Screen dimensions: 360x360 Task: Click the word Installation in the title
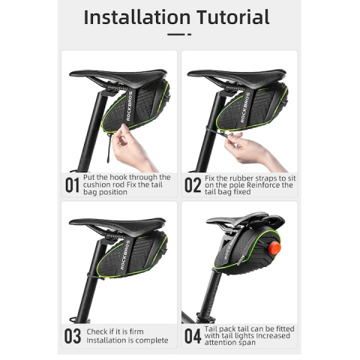click(137, 17)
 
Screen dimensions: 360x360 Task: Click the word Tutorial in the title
click(233, 17)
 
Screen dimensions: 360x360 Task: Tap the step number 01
click(72, 185)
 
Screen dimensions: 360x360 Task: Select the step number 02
click(193, 185)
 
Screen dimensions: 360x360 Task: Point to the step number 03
click(73, 336)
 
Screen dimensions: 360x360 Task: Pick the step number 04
click(193, 336)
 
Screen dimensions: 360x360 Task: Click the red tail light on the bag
click(274, 247)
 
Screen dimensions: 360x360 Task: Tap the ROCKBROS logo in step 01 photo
click(130, 106)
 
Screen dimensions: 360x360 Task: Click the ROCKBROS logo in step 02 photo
click(245, 107)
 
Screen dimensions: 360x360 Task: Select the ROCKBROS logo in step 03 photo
click(125, 255)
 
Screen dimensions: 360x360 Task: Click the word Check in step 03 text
click(97, 331)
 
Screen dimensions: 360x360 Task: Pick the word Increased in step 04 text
click(274, 335)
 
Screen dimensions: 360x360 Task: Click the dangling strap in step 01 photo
click(109, 148)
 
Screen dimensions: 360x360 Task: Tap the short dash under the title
click(189, 34)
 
